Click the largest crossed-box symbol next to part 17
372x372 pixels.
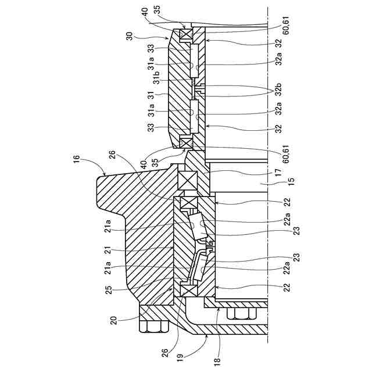(188, 180)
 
